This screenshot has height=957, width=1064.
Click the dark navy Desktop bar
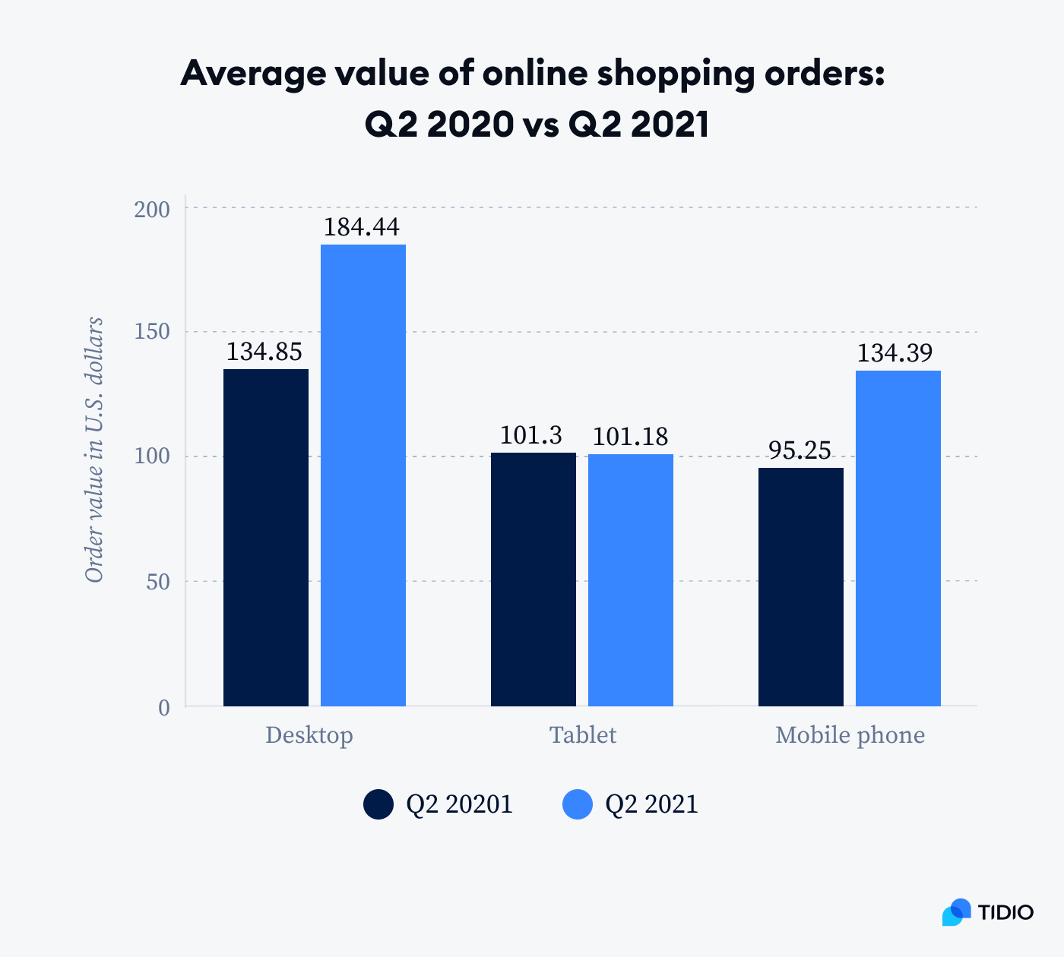[x=266, y=538]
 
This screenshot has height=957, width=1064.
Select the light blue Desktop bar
[x=363, y=475]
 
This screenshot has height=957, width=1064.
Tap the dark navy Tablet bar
[x=534, y=580]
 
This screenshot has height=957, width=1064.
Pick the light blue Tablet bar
[x=631, y=580]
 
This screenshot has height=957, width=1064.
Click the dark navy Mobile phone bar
[x=801, y=587]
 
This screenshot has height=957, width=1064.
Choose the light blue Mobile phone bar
[x=898, y=539]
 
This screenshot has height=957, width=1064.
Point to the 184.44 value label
[x=362, y=227]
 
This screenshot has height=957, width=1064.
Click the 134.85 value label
[x=264, y=352]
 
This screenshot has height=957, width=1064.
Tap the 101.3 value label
[x=531, y=435]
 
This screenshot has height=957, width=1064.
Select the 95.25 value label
[x=800, y=450]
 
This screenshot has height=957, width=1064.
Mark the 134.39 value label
[x=895, y=353]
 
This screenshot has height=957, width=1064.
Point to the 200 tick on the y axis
[x=152, y=209]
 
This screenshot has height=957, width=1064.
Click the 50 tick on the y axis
[x=158, y=583]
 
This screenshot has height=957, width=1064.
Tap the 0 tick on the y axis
[x=164, y=708]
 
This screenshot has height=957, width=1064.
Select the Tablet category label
[x=583, y=735]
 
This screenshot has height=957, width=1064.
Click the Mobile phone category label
[x=850, y=735]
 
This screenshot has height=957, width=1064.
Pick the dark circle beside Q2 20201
[x=378, y=804]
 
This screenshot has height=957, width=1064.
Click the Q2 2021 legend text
[x=651, y=804]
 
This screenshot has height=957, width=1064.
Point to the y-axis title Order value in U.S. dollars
[x=94, y=450]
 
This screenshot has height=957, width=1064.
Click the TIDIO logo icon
[x=957, y=911]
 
